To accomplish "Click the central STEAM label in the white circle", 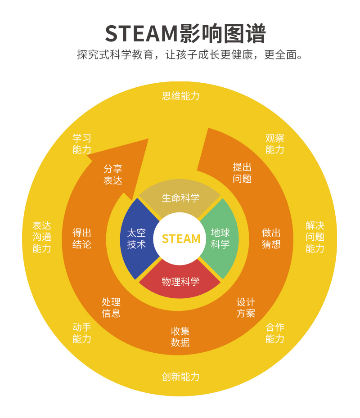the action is coord(181,238).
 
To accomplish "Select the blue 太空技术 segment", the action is coord(136,238).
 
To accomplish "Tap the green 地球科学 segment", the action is coord(220,238).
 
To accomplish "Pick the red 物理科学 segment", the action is coord(180,282).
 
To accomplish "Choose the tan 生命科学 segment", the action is coord(180,198).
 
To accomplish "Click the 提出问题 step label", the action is coord(242,173).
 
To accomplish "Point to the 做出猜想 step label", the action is coord(271,238).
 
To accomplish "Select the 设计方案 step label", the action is coord(246,307).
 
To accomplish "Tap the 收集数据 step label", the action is coord(180,337).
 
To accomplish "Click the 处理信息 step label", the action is coord(111,307).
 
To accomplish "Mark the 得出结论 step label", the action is coord(82,238).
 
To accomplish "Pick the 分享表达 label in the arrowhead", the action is coord(113,175).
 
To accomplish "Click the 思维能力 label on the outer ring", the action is coord(180,96).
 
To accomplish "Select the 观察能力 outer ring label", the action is coord(275,144).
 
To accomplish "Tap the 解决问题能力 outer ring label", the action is coord(315,237).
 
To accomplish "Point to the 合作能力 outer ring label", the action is coord(275,333).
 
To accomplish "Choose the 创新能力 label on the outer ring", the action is coord(180,377).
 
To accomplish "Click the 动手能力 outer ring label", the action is coord(82,333).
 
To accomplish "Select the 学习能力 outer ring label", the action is coord(82,144).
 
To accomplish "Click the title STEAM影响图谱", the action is coord(185,34).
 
